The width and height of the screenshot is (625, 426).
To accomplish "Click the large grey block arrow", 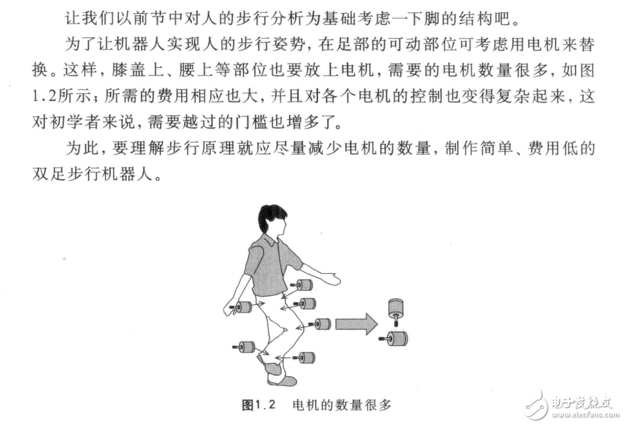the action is pos(356,324).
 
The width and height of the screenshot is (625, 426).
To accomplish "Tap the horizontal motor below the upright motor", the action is pos(395,339).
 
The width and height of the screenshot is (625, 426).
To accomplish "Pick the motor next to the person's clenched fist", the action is pos(241,307).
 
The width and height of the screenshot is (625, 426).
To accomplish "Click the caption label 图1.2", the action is pos(259,405).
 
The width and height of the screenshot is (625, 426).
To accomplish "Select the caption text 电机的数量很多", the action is pos(342,405).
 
